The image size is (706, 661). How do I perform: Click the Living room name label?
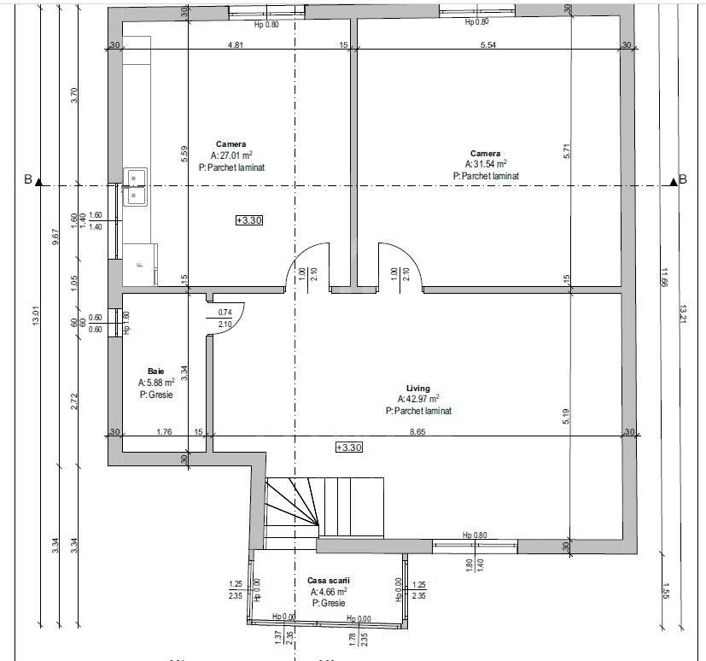[418, 389]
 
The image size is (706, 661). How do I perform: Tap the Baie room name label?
[155, 371]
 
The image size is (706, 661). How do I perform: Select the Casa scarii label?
[328, 581]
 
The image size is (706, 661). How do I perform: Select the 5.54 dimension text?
[488, 45]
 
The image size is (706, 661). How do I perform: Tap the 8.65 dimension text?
[417, 432]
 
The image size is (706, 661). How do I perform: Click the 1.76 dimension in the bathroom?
[165, 432]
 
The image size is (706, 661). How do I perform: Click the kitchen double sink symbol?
[135, 186]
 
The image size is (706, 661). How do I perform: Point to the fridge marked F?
[140, 265]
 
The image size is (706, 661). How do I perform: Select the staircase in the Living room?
[323, 507]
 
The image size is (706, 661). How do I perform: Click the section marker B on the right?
[682, 179]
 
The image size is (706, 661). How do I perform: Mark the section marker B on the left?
[28, 179]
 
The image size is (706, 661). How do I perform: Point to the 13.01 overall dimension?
[36, 317]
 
